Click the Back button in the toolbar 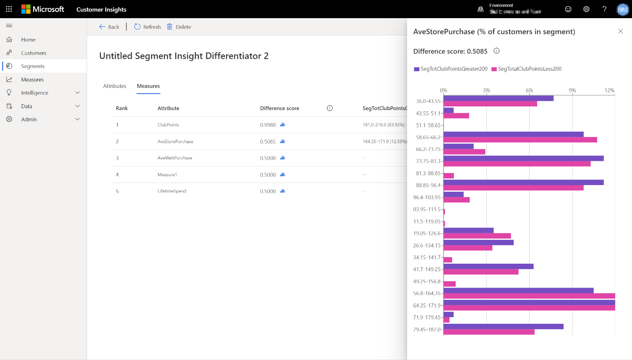click(109, 27)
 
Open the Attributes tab click(114, 86)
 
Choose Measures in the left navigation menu click(32, 80)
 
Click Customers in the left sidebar click(34, 53)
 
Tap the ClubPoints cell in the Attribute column click(168, 125)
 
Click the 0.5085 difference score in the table click(268, 142)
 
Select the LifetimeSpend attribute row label click(172, 191)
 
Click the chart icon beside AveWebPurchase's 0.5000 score click(282, 158)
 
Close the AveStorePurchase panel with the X click(621, 31)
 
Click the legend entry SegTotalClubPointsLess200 click(529, 69)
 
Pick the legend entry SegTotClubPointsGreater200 click(453, 69)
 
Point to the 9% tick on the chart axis click(572, 91)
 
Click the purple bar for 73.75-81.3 click(523, 158)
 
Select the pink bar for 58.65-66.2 click(520, 140)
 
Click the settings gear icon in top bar click(586, 9)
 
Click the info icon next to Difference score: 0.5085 click(496, 51)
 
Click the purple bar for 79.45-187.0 click(503, 326)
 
